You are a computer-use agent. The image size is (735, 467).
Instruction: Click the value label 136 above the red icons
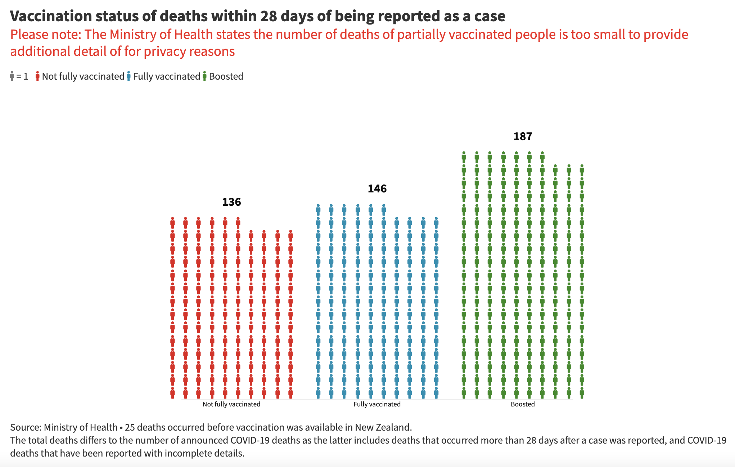231,202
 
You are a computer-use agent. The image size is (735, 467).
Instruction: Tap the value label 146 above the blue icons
377,189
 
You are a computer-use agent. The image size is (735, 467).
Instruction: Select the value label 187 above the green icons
523,137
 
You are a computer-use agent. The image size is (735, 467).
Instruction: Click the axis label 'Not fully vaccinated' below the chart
231,404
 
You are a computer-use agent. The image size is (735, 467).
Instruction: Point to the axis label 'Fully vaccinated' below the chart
377,404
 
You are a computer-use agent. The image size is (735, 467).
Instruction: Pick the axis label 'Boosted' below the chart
523,404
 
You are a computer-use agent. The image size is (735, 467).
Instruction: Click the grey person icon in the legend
12,76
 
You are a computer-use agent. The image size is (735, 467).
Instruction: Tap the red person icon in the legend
37,76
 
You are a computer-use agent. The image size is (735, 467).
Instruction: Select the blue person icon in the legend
128,76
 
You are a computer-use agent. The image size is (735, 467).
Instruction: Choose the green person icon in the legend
204,76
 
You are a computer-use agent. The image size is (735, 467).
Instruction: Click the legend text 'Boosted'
226,76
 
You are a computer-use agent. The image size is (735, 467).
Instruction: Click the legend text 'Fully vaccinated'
166,76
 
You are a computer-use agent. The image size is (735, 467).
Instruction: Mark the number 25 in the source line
130,427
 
